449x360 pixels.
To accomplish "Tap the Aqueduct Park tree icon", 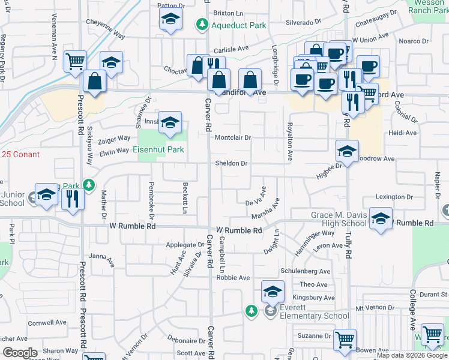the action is coord(202,24).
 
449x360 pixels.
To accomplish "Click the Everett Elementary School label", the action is coord(312,316).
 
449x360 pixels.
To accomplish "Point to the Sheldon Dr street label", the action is coord(231,163).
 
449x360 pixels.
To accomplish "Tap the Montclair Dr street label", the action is coord(232,137).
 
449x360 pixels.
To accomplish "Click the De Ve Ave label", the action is coord(255,203).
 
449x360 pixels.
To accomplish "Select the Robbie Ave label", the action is coord(233,278).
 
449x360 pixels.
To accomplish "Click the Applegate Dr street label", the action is coord(185,245).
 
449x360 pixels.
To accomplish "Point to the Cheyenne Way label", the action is coord(106,35).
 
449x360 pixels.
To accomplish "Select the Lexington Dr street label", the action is coord(394,197).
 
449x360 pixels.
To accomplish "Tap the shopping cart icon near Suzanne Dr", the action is coord(345,340).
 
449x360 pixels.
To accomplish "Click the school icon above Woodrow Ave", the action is coord(347,151).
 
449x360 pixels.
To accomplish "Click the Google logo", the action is coord(20,353).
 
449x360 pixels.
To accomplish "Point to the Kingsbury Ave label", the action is coord(313,298).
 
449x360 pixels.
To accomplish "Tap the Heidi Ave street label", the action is coord(402,133).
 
